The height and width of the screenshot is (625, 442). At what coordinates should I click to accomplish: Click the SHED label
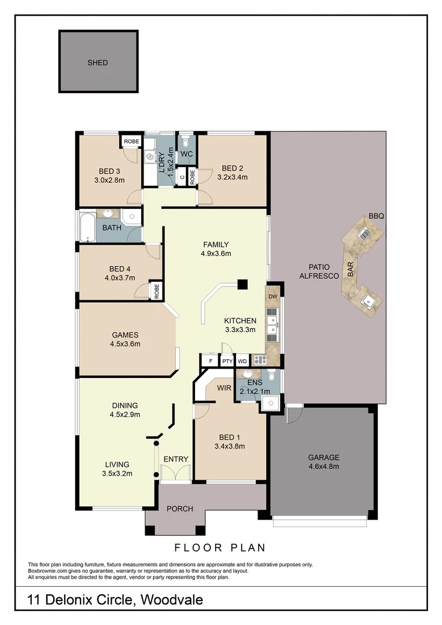coord(98,62)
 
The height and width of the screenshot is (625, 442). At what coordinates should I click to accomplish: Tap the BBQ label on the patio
coord(377,216)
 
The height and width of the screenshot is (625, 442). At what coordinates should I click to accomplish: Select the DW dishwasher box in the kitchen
coord(273,296)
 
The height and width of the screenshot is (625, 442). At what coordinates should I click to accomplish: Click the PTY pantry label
coord(227,361)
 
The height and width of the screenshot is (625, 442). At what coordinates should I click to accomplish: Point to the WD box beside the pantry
coord(242,361)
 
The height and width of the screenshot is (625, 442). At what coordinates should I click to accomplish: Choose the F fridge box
coord(211,361)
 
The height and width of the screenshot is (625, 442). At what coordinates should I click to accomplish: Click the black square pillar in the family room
coord(242,284)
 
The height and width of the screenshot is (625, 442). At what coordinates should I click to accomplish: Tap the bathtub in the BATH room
coord(87,227)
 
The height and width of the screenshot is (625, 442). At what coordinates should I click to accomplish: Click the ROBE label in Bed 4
coord(156,290)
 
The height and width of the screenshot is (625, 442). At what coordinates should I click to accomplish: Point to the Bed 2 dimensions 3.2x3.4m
coord(233,177)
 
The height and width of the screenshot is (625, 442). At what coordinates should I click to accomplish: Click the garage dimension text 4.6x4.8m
coord(323,466)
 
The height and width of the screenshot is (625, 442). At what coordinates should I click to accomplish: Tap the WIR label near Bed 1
coord(224,388)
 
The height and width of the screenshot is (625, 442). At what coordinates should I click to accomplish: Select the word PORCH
coord(179,509)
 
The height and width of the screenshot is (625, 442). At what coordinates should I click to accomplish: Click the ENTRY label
coord(176,459)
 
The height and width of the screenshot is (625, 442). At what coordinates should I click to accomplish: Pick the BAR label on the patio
coord(351,270)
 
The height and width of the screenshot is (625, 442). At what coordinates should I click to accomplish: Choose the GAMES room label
coord(126,334)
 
